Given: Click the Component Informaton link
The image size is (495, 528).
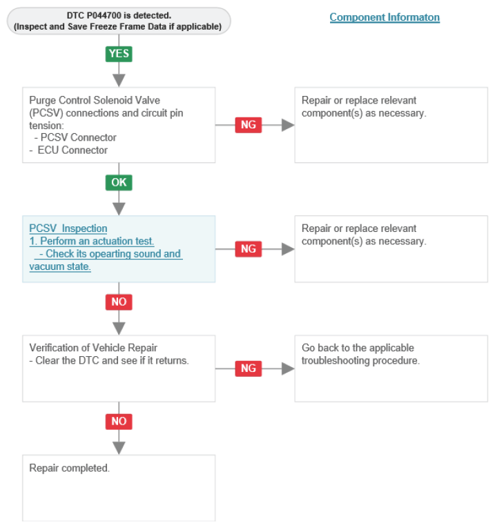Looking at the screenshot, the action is (x=385, y=17).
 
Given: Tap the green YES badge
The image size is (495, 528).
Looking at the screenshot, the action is (x=119, y=54).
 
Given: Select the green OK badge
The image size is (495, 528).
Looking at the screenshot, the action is (x=119, y=182).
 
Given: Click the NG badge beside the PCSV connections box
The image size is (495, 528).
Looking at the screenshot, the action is (x=249, y=125).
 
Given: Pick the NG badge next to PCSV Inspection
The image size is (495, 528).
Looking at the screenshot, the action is (x=249, y=249).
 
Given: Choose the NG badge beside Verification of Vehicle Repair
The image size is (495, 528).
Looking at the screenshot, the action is (x=249, y=369).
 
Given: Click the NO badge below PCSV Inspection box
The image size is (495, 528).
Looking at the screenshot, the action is (x=119, y=302).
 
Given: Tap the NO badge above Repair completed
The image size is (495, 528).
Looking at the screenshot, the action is (x=119, y=422).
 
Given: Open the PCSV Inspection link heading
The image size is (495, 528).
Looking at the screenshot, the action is (x=68, y=228).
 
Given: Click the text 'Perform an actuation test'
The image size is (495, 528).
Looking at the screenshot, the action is (x=97, y=241).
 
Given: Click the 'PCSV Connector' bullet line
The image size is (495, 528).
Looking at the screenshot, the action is (x=75, y=137).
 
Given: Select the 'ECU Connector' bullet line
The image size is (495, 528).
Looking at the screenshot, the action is (x=68, y=150).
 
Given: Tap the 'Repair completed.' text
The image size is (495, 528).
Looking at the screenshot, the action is (x=69, y=468).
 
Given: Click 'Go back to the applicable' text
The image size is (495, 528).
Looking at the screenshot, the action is (x=358, y=348).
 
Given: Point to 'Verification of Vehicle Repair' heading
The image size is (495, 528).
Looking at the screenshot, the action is (x=93, y=348).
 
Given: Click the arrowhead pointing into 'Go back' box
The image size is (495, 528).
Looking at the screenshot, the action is (x=289, y=369).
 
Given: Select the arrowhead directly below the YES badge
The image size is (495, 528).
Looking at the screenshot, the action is (x=119, y=81).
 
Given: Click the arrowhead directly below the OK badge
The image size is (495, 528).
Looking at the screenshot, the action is (x=119, y=208).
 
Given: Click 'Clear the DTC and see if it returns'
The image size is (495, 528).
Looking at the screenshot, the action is (x=111, y=361).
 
